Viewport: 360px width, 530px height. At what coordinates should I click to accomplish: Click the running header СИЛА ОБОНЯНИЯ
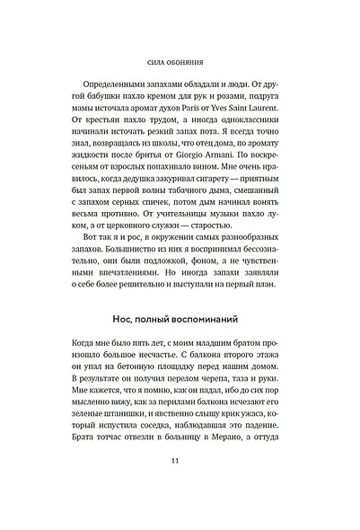coord(180,64)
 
